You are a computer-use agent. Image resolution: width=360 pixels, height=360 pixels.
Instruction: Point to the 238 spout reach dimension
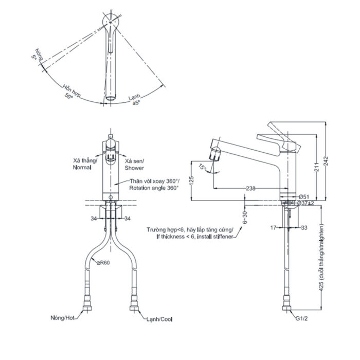point(250,189)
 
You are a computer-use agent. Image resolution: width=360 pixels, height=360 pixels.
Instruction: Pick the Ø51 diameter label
point(304,197)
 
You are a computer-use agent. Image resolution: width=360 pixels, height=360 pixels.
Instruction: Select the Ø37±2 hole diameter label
point(307,204)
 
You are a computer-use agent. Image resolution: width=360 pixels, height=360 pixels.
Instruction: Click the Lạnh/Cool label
point(158,319)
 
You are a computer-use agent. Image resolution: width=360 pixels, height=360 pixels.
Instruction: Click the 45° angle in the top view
point(136,103)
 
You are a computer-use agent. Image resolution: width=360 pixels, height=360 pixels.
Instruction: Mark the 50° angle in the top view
point(69,96)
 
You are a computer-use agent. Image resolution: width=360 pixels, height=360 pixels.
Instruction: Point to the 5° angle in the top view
point(35,59)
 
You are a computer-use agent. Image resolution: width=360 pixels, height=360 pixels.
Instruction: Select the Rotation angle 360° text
point(154,188)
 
